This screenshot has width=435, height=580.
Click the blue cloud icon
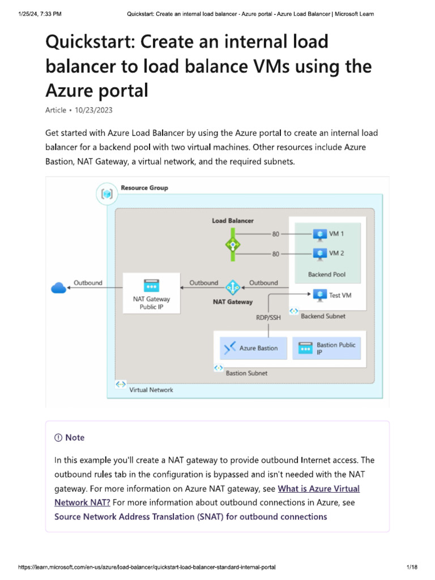click(59, 288)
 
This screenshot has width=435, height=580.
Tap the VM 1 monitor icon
click(320, 233)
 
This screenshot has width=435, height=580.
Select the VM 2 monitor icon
click(320, 254)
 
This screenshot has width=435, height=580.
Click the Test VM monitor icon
click(320, 295)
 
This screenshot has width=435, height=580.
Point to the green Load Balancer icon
click(232, 245)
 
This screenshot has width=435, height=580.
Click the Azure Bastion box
click(251, 348)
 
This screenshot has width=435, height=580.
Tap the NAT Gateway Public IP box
click(151, 293)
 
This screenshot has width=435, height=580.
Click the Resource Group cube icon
click(107, 194)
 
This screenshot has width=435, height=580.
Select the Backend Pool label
click(327, 275)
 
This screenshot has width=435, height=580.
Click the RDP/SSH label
click(268, 318)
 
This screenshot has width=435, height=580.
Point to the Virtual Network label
click(151, 390)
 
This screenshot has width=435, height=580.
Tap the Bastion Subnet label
click(246, 373)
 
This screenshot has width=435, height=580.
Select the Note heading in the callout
click(70, 437)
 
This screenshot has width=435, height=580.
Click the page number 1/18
click(412, 567)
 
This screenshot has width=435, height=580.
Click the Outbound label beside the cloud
click(88, 283)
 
